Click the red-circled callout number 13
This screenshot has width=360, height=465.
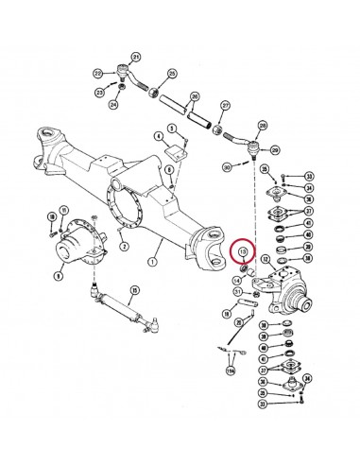pos(242,253)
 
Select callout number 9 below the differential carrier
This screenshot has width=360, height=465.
pos(60,279)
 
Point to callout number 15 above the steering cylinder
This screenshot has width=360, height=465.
pos(135,290)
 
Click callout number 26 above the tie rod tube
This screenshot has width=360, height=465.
pos(195,96)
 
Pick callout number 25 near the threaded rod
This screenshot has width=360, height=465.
pos(172,75)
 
